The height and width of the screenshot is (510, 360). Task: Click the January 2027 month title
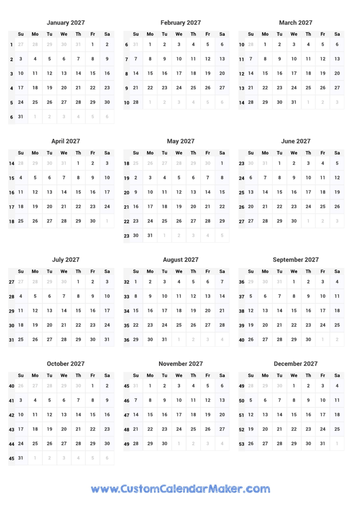pos(66,23)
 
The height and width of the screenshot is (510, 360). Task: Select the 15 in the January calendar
pos(93,73)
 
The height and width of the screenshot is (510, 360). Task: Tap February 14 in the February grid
pos(135,73)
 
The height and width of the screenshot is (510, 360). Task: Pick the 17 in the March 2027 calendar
pos(294,73)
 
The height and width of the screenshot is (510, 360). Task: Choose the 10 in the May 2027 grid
pos(150,192)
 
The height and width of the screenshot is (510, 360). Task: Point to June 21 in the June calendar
pos(265,206)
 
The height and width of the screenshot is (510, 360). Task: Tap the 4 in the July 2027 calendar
pos(21,296)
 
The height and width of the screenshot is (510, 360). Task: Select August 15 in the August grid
pos(135,311)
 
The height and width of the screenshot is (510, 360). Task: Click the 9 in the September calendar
pos(308,296)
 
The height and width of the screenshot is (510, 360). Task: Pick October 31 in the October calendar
pos(21,458)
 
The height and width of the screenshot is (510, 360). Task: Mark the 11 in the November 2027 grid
pos(193,400)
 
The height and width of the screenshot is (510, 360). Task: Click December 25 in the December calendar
pos(337,429)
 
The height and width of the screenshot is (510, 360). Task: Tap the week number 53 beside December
pos(241,444)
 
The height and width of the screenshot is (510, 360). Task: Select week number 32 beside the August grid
pos(127,282)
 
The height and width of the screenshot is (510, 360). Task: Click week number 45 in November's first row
pos(127,386)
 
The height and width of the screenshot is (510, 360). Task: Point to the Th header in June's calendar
pos(308,153)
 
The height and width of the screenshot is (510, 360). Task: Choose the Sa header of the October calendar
pos(107,375)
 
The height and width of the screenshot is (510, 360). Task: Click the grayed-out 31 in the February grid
pos(135,45)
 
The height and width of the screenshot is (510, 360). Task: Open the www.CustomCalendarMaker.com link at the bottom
pos(180,488)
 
